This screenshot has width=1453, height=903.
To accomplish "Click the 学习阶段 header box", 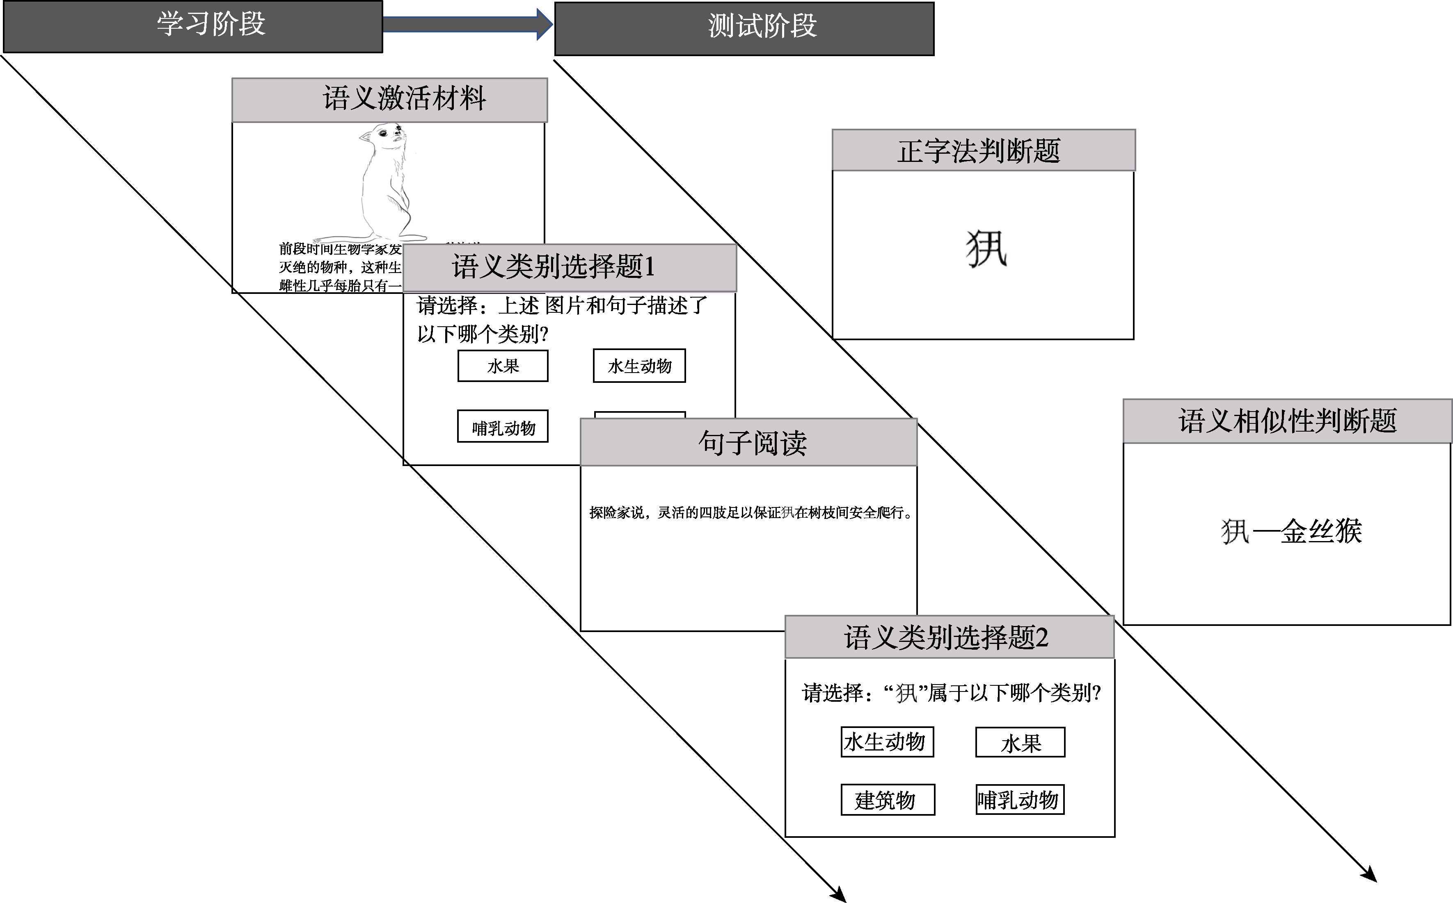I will (x=192, y=26).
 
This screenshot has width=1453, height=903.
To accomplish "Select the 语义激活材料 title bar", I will (x=389, y=99).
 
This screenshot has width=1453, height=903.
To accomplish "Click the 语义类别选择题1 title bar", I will (x=569, y=267).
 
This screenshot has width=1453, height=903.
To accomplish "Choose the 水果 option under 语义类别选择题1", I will (x=503, y=366).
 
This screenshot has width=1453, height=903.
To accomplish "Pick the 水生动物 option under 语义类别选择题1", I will (x=639, y=366).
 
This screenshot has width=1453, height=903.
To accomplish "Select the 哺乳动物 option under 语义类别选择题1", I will (x=503, y=426).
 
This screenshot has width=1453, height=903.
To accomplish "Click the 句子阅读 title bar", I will (x=748, y=443).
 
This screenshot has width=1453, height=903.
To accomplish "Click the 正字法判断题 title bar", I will (x=983, y=150).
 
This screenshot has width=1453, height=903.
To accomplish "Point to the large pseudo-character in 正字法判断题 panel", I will (x=986, y=249).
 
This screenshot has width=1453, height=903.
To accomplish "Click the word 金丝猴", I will (x=1320, y=531).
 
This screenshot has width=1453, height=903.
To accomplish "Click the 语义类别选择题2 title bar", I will (x=949, y=637).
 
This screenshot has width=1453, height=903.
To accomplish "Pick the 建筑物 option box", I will (x=887, y=800).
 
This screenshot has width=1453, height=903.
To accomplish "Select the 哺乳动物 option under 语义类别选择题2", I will (x=1020, y=800).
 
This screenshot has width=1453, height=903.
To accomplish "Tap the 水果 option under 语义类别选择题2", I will (x=1020, y=742).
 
